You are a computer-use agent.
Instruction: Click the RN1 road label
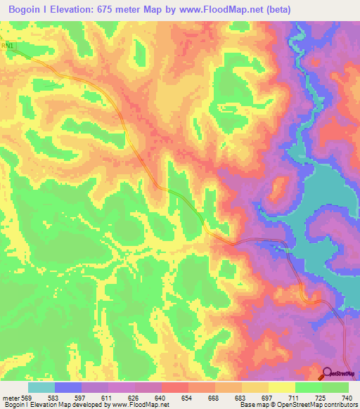click(x=8, y=46)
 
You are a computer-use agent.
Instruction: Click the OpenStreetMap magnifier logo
click(x=328, y=375)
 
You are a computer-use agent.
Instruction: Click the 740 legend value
click(x=347, y=397)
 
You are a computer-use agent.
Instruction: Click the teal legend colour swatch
click(x=41, y=387)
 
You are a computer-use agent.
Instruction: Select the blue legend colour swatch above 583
click(x=68, y=387)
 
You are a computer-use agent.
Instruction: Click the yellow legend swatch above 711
click(x=281, y=387)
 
